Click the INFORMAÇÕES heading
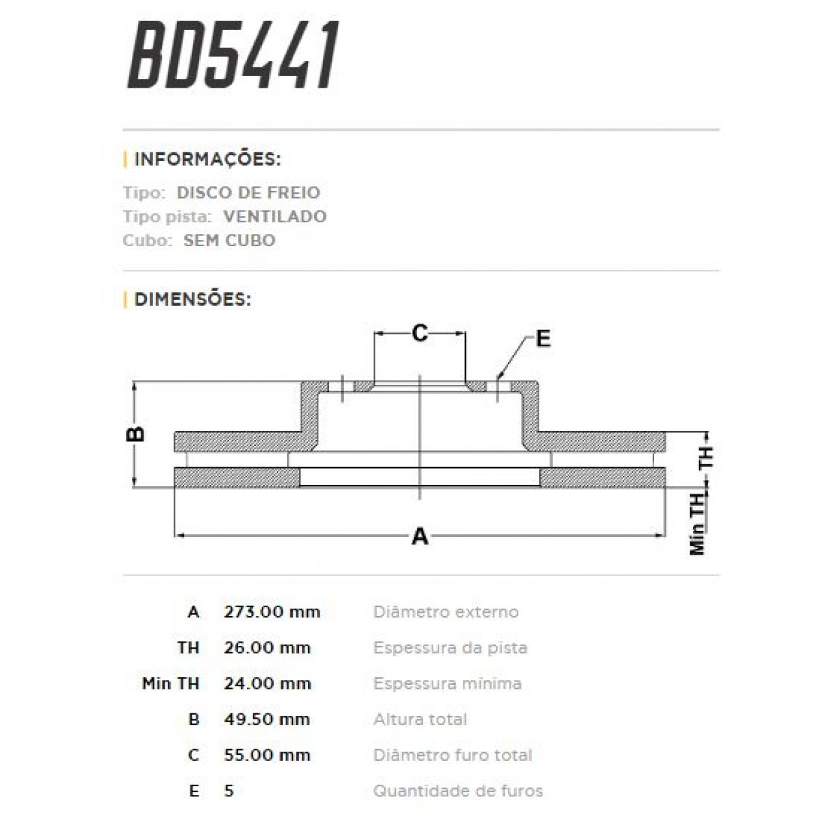coord(207,160)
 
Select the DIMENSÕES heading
coord(192,299)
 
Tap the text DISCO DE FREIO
coord(248,192)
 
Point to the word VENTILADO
coord(275,216)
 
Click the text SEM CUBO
coord(229,240)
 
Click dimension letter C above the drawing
coord(420,333)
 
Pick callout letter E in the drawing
coord(543,338)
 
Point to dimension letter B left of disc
coord(137,434)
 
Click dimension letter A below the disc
coord(420,537)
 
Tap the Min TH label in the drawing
coord(698,524)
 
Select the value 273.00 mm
coord(272,611)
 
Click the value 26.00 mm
coord(267,647)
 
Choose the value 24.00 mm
coord(267,683)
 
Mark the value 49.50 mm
coord(267,719)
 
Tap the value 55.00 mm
coord(267,755)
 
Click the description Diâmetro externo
coord(445,611)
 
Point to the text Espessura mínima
coord(447,683)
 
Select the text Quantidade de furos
coord(458,791)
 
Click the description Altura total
coord(420,719)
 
